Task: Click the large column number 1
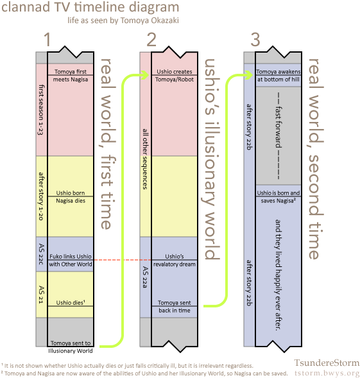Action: coord(47,40)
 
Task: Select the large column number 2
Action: coord(151,40)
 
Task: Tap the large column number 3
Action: coord(255,40)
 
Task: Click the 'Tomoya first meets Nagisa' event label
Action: coord(71,76)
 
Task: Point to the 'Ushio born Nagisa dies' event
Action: coord(71,197)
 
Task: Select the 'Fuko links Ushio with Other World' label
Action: coord(71,260)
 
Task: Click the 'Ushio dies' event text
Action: coord(71,302)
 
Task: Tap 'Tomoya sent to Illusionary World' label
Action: coord(71,347)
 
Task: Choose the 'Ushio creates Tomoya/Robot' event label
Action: coord(175,76)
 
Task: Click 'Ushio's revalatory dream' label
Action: coord(175,260)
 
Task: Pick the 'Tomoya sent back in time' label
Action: coord(175,306)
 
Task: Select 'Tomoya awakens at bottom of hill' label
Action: coord(279,76)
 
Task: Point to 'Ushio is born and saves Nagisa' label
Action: coord(279,197)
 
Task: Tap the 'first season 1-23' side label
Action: coord(41,110)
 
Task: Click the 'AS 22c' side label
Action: coord(42,254)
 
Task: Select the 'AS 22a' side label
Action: coord(145,277)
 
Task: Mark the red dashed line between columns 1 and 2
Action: coord(123,260)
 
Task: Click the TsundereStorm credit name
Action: coord(327,363)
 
